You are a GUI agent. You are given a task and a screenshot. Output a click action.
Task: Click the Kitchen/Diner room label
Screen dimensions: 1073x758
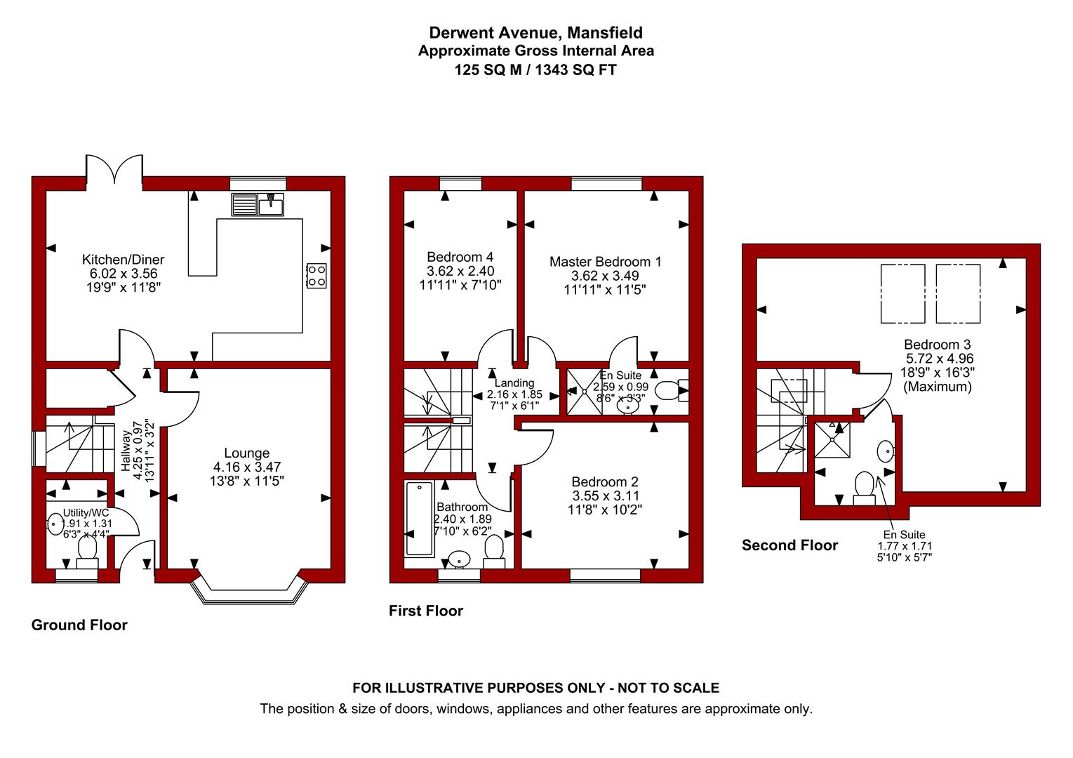123,260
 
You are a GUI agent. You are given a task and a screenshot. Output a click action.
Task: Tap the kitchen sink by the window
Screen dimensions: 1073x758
258,205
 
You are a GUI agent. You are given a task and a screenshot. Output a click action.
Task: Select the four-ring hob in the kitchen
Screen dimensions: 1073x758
316,276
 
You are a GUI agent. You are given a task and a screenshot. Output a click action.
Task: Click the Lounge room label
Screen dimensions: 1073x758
247,453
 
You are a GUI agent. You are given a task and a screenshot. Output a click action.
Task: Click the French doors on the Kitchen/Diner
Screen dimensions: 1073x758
114,168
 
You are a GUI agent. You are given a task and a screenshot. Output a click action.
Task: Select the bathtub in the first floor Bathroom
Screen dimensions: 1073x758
420,519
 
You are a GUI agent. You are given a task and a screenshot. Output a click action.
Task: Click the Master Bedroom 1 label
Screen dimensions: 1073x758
605,262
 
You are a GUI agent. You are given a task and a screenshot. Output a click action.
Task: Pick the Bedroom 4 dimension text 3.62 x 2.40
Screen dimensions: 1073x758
460,271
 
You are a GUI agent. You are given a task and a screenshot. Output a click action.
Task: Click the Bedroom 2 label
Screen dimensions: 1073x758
605,481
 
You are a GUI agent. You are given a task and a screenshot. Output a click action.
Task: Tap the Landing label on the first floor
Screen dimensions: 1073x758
514,383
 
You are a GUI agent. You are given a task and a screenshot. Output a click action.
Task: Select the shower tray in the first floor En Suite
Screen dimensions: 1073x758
585,391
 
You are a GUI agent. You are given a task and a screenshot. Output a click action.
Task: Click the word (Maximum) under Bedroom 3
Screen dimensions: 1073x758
938,387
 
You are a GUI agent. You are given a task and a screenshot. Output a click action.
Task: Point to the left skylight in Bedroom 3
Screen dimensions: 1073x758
903,293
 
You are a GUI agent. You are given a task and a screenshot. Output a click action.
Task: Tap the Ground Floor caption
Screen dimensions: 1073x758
79,625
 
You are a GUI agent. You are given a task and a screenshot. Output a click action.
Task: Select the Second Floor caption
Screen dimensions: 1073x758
790,545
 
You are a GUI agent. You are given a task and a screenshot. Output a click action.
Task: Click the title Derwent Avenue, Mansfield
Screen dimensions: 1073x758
536,32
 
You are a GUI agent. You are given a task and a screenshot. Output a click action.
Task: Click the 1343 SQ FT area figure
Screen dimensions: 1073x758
575,70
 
